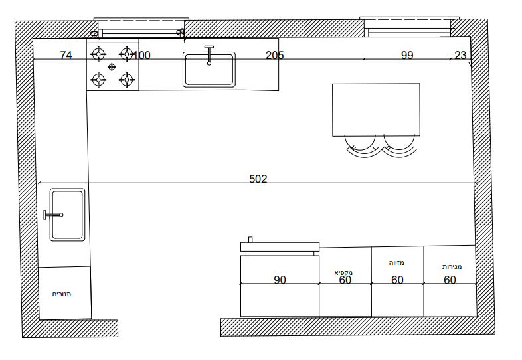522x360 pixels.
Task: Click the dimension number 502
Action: coord(258,179)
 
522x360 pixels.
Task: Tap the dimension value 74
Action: coord(66,55)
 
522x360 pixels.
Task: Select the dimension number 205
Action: coord(275,55)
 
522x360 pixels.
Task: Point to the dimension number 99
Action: coord(407,55)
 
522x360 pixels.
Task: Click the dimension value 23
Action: coord(460,55)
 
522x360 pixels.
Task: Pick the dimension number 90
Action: coord(280,280)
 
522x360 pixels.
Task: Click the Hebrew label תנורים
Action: coord(62,294)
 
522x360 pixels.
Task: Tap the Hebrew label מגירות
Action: coord(452,267)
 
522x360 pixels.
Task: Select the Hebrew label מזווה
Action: coord(396,263)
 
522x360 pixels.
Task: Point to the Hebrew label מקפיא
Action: coord(343,272)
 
